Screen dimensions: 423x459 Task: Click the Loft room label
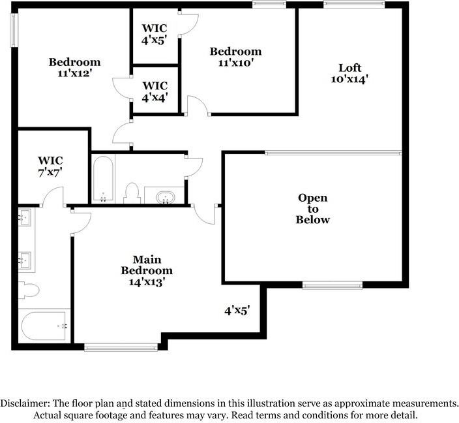[x=349, y=67]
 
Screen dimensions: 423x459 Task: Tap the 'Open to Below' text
[x=313, y=208]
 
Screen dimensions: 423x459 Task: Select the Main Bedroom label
[x=147, y=264]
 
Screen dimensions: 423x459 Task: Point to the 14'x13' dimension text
[x=147, y=282]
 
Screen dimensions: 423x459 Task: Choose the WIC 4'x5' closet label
[x=155, y=33]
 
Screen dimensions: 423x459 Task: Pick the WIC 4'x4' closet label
[x=155, y=91]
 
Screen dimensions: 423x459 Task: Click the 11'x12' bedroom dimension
[x=75, y=74]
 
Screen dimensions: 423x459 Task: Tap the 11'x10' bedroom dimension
[x=235, y=63]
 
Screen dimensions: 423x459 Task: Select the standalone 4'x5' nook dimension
[x=237, y=311]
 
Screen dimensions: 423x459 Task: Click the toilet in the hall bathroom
[x=132, y=192]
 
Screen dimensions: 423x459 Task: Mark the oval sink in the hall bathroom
[x=164, y=195]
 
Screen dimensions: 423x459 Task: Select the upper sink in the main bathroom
[x=25, y=217]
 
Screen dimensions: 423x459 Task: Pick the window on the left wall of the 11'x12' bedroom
[x=13, y=30]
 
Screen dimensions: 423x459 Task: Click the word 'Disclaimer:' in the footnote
[x=27, y=403]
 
